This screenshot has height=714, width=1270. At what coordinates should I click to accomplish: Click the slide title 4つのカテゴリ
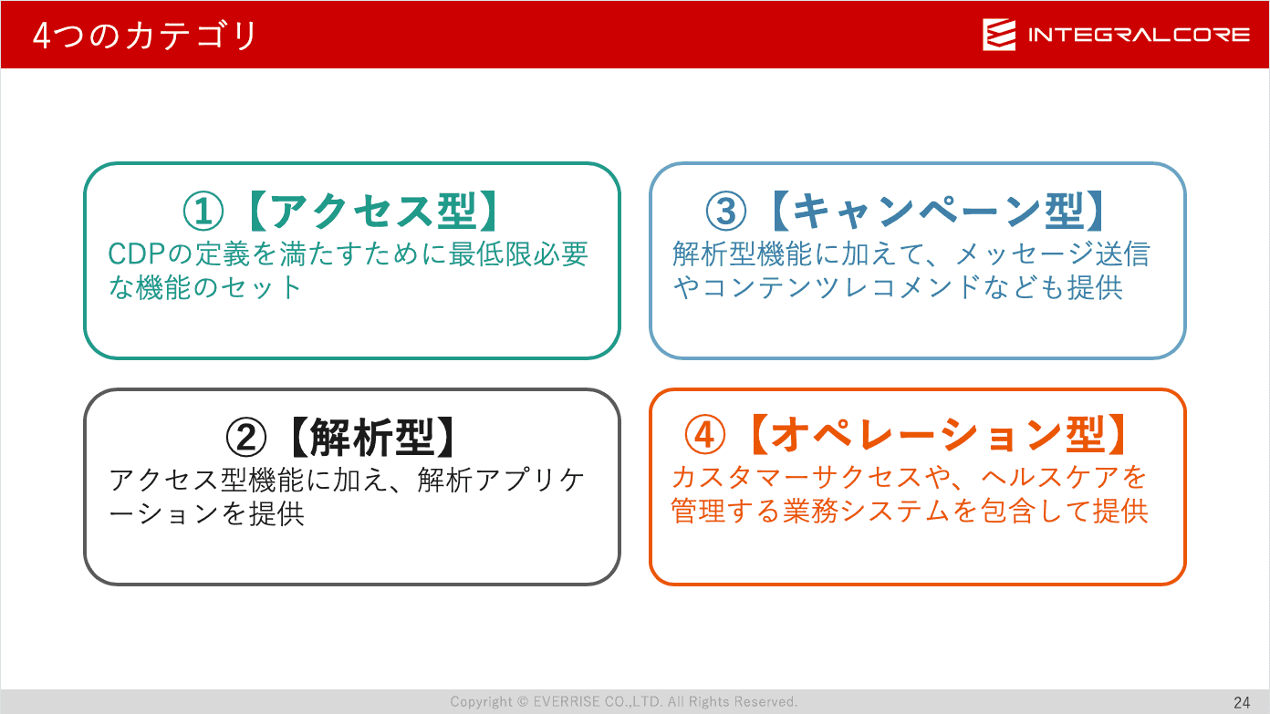click(x=144, y=36)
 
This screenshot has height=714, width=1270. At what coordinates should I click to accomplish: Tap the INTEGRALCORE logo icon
click(x=999, y=35)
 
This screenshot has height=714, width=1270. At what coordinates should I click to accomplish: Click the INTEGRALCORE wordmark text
click(x=1139, y=36)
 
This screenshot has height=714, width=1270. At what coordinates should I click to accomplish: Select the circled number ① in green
click(x=203, y=212)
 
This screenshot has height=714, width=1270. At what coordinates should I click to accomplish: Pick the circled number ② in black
click(x=246, y=438)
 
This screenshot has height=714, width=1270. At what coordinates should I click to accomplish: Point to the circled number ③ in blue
click(x=726, y=212)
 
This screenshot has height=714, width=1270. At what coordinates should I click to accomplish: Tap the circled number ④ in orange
click(x=704, y=435)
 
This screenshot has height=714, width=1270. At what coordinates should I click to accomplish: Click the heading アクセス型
click(x=373, y=212)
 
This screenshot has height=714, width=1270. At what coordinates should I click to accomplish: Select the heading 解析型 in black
click(x=372, y=438)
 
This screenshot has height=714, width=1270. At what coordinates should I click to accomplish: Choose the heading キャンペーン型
click(x=938, y=212)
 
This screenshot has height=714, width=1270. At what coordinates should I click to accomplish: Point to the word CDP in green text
click(x=136, y=254)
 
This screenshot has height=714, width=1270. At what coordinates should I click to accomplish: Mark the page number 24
click(x=1242, y=703)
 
